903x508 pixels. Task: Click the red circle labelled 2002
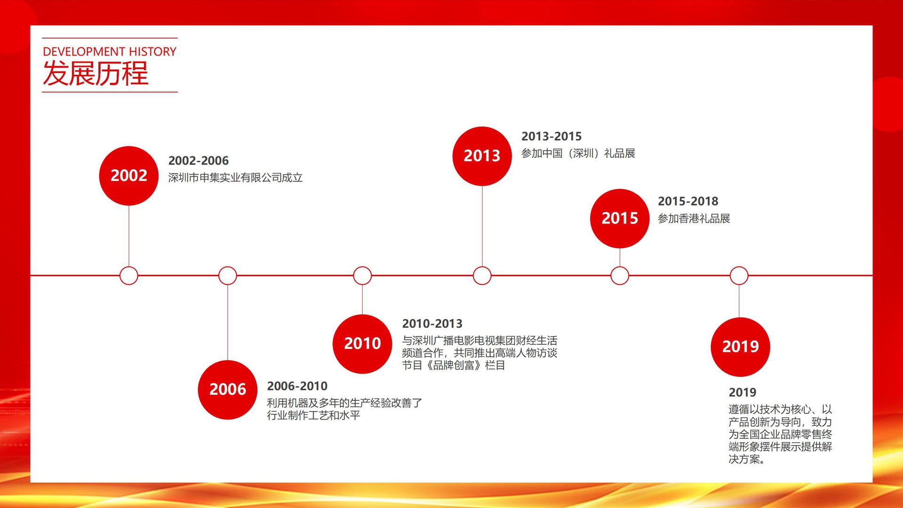coord(129,175)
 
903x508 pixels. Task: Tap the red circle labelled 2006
coord(228,389)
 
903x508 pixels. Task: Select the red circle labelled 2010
coord(362,344)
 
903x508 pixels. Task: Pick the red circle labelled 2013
coord(482,156)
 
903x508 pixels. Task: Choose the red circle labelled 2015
coord(620,218)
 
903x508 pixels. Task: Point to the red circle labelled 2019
coord(740,347)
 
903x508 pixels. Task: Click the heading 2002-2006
coord(198,160)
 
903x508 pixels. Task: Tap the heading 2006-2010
coord(297,386)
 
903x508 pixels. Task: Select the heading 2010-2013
coord(432,324)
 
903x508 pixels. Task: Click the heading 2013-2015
coord(552,136)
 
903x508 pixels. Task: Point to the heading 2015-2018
coord(688,201)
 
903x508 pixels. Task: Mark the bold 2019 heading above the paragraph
coord(743,392)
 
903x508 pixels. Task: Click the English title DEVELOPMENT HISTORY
coord(110,51)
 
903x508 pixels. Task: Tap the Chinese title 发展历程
coord(95,73)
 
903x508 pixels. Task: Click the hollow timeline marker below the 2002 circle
coord(129,276)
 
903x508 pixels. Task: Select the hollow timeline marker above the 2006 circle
coord(228,276)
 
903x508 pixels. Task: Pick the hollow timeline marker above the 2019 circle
coord(739,276)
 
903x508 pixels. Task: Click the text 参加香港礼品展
coord(694,219)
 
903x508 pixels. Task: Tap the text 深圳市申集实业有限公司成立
coord(236,178)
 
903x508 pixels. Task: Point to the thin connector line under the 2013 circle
coord(482,226)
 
